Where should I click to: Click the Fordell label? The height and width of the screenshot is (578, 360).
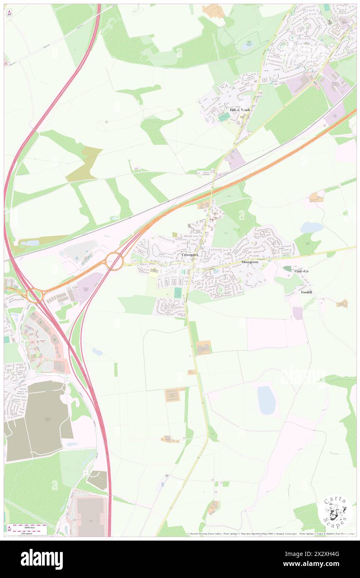point(306,292)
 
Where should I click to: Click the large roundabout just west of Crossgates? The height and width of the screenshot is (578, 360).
point(114,261)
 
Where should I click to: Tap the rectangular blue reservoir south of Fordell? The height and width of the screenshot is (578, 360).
point(266,400)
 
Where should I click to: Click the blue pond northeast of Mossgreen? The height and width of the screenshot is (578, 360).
point(312,227)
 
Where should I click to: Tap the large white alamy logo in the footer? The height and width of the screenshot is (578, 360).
point(42,559)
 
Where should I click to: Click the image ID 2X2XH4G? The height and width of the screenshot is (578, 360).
point(325,554)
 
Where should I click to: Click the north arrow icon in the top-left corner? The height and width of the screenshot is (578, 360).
point(9,12)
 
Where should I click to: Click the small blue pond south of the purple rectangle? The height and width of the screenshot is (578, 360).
point(97,352)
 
